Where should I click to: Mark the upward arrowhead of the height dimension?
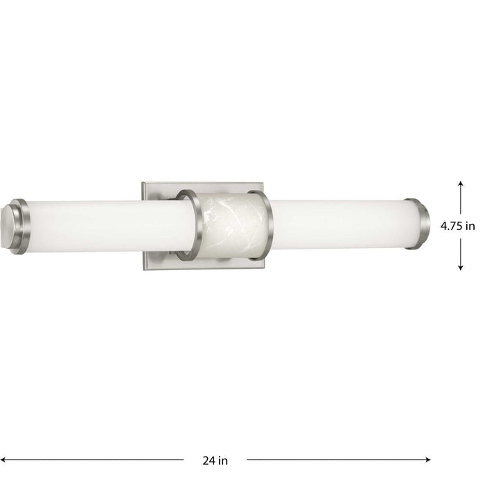click(461, 183)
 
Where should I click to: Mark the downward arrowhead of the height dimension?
click(461, 267)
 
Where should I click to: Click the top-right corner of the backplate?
click(264, 184)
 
